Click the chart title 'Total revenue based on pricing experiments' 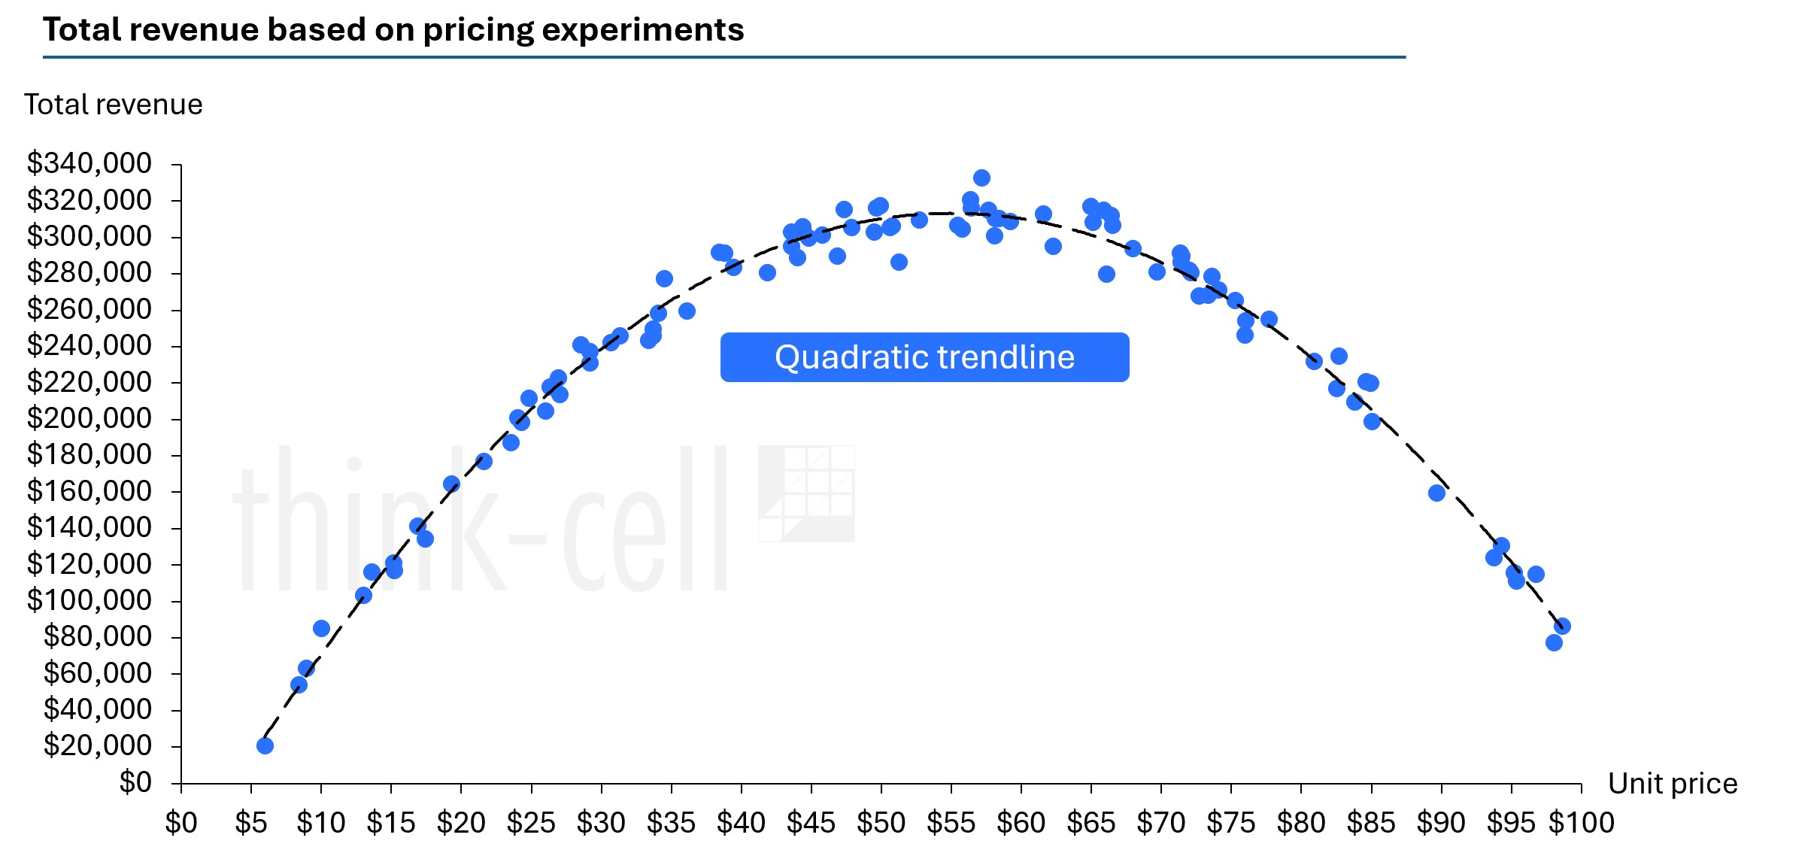click(393, 30)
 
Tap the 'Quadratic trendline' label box click(924, 357)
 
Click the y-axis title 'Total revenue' click(114, 105)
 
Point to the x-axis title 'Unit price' click(1672, 784)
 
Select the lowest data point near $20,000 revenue click(265, 745)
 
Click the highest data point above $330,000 click(981, 178)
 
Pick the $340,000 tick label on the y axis click(89, 163)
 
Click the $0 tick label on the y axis click(135, 783)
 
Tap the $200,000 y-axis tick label click(89, 418)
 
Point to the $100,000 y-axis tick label click(89, 600)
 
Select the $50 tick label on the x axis click(881, 824)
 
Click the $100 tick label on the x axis click(1582, 824)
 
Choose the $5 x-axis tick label click(251, 824)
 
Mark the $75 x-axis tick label click(1230, 824)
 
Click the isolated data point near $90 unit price click(1436, 493)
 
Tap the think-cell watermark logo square click(806, 493)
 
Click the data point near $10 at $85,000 click(321, 628)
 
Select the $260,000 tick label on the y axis click(89, 309)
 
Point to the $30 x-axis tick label click(601, 824)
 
